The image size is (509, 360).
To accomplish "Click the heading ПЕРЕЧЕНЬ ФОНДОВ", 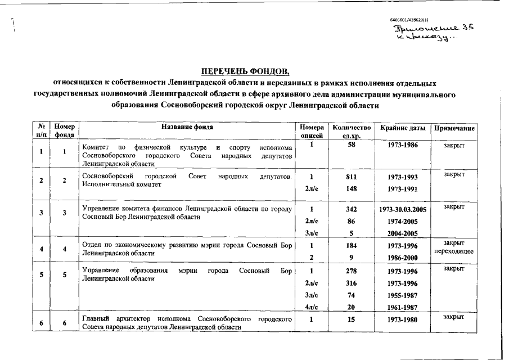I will [x=246, y=71].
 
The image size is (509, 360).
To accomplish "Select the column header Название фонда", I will [x=187, y=128].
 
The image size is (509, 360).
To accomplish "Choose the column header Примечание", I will [x=454, y=128].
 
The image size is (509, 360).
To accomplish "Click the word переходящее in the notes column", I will [x=454, y=251].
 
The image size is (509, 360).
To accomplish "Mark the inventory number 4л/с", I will [x=311, y=307].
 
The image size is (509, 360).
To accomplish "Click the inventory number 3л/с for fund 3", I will [x=311, y=233].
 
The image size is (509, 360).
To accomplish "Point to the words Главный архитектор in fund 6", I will [x=116, y=319].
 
